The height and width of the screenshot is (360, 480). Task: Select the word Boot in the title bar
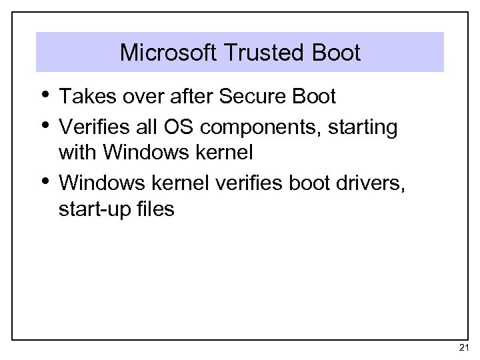[x=338, y=53]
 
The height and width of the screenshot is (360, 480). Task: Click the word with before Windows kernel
[x=77, y=153]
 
